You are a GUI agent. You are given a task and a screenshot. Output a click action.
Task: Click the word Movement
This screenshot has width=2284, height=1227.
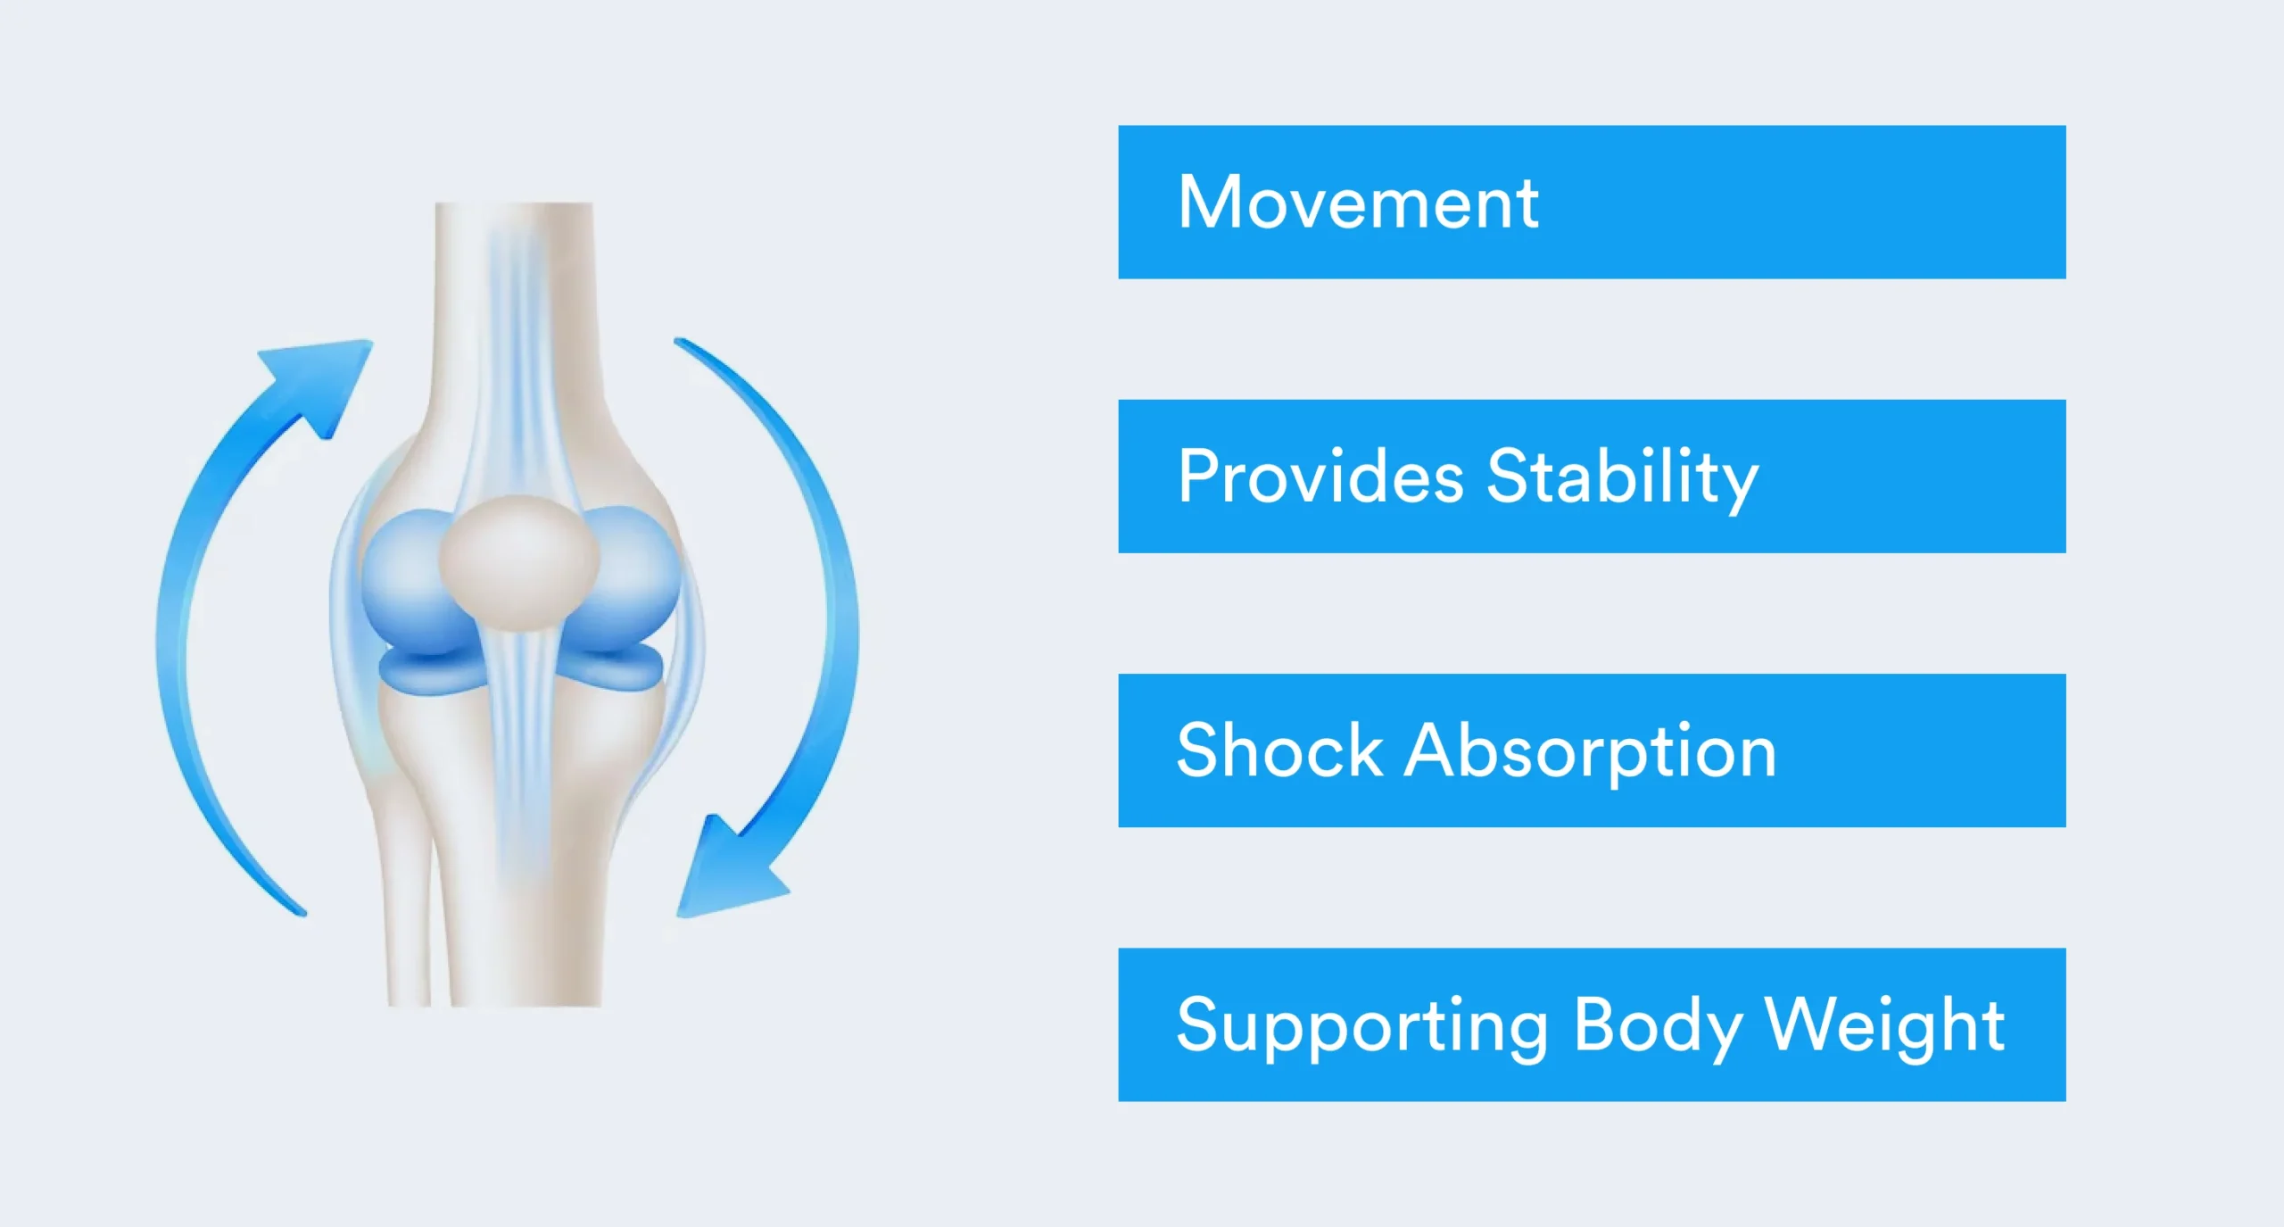(1358, 203)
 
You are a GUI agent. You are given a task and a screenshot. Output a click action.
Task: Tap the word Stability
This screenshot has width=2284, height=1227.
(1623, 480)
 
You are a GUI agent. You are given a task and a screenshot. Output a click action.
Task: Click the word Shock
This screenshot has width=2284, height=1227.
(1279, 750)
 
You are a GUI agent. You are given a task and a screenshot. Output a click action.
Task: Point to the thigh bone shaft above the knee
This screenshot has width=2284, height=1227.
(514, 312)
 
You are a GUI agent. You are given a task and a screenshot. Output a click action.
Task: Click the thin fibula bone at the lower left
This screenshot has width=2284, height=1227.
(410, 901)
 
